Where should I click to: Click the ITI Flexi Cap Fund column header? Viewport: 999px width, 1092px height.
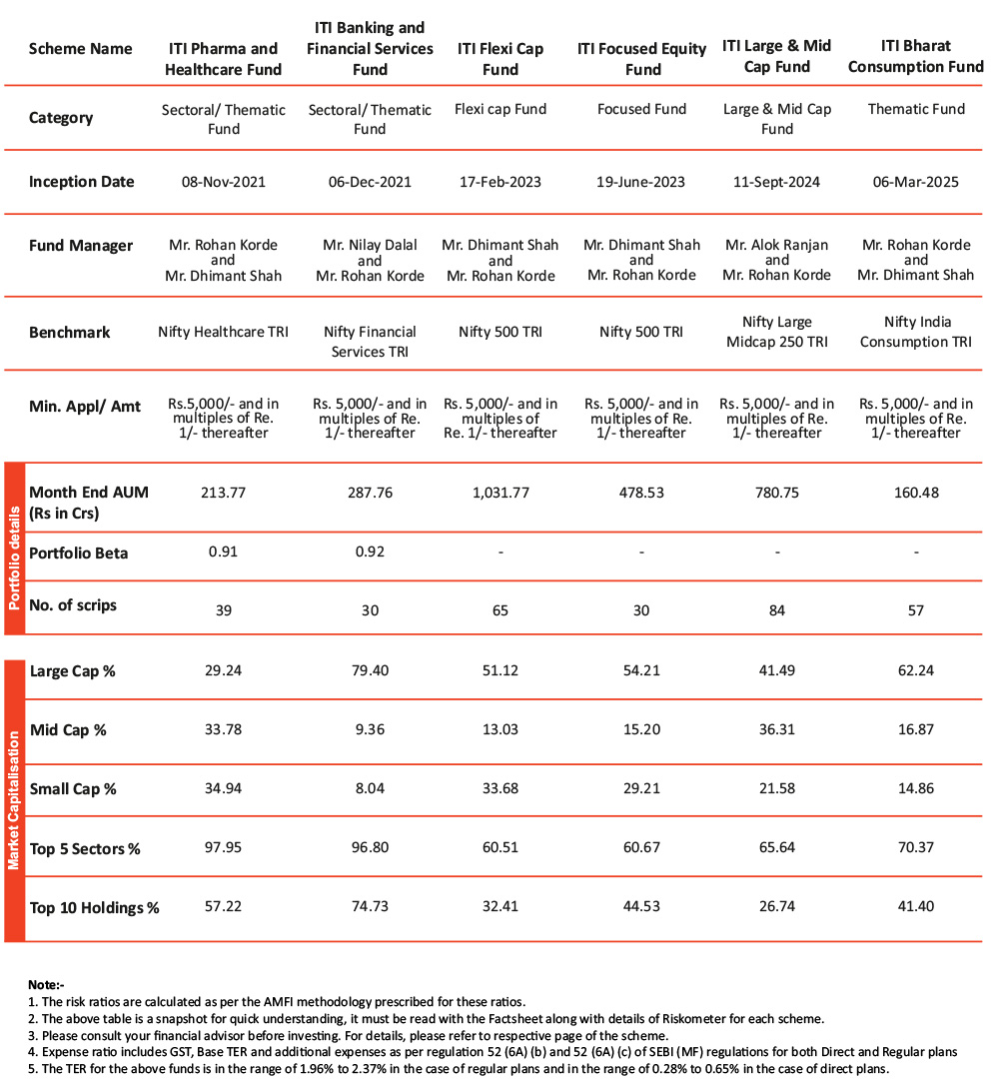pos(500,59)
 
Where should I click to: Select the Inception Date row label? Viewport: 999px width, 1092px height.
pos(81,182)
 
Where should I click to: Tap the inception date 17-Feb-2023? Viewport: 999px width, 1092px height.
pos(500,182)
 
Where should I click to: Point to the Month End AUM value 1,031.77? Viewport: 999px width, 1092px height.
pos(500,492)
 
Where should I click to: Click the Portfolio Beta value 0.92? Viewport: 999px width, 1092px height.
pos(370,552)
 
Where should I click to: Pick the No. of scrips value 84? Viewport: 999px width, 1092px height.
pos(776,610)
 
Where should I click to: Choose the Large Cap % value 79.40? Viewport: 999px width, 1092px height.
pos(370,670)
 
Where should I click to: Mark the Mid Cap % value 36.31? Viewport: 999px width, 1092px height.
pos(776,729)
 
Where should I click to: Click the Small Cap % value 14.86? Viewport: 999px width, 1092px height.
pos(915,788)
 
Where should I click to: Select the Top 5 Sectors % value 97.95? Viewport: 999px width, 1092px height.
pos(224,848)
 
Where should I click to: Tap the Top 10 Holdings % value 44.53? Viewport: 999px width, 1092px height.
pos(641,907)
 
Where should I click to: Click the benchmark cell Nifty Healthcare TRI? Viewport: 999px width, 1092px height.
pos(224,332)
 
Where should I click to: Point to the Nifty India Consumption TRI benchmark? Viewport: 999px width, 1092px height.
pos(915,332)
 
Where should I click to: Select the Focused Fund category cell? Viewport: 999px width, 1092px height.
pos(641,109)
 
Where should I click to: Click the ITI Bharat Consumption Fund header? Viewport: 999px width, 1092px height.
pos(915,56)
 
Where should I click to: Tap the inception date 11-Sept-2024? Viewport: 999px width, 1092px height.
pos(776,182)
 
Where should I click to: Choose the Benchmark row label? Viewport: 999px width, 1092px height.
pos(70,332)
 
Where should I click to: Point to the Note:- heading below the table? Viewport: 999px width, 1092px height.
pos(46,984)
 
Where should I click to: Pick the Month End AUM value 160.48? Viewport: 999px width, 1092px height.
pos(915,492)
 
